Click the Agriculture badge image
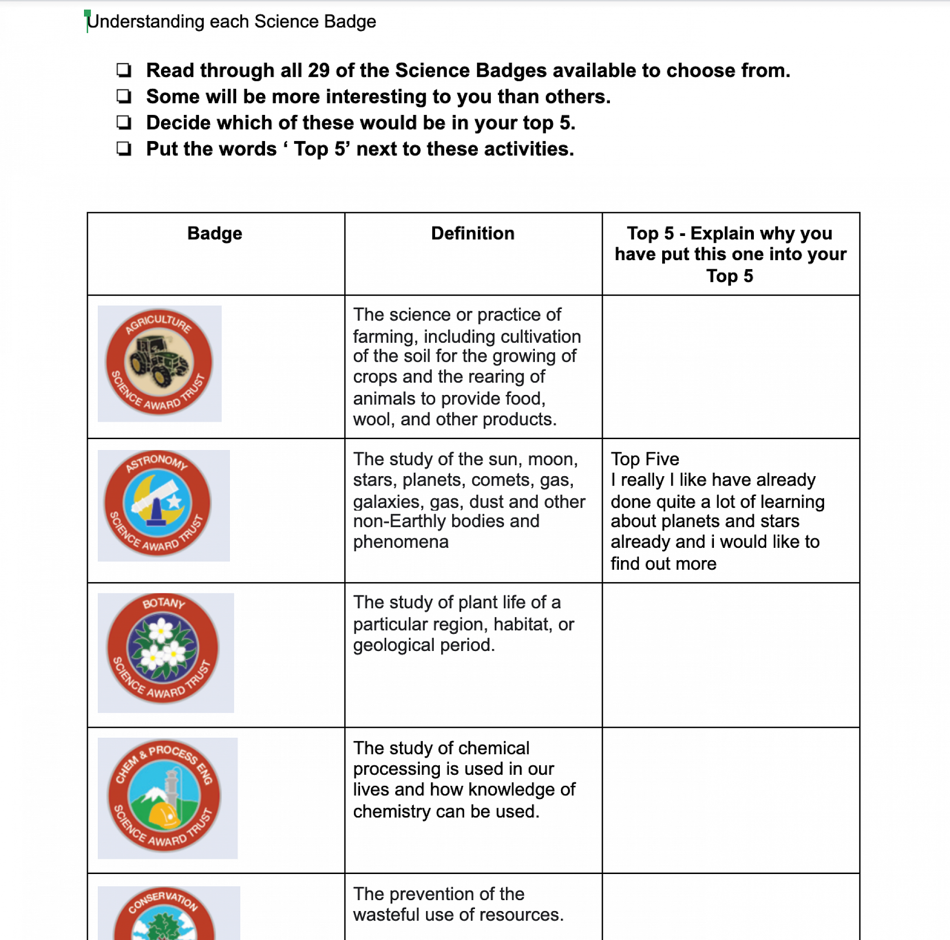pos(159,363)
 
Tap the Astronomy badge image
pos(163,505)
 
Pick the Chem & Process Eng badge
pos(167,798)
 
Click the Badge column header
pos(214,234)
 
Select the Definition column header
pos(473,234)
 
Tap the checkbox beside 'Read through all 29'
pos(123,70)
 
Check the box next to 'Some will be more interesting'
pos(123,96)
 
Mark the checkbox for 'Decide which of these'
pos(123,122)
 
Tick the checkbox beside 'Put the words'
pos(123,149)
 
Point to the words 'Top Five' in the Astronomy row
pos(645,459)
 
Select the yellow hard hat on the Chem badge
pos(165,814)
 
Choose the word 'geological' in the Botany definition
pos(394,645)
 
